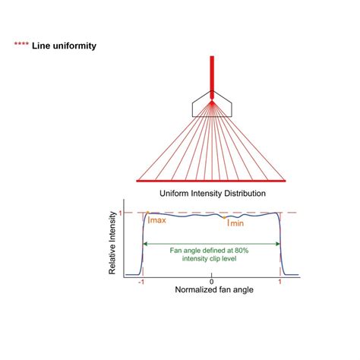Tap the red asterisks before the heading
[x=21, y=44]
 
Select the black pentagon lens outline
[x=212, y=104]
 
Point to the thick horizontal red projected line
[x=211, y=181]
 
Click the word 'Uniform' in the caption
[x=174, y=194]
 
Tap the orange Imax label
[x=157, y=220]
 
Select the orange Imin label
[x=235, y=223]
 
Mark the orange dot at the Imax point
[x=148, y=213]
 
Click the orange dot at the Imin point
[x=224, y=217]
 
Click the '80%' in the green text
[x=242, y=251]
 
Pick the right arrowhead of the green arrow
[x=277, y=244]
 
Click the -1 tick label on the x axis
[x=141, y=282]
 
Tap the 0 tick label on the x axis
[x=212, y=282]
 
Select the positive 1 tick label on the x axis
[x=279, y=282]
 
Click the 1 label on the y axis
[x=120, y=213]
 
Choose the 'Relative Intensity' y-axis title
[x=112, y=243]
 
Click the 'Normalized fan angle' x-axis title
[x=214, y=289]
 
